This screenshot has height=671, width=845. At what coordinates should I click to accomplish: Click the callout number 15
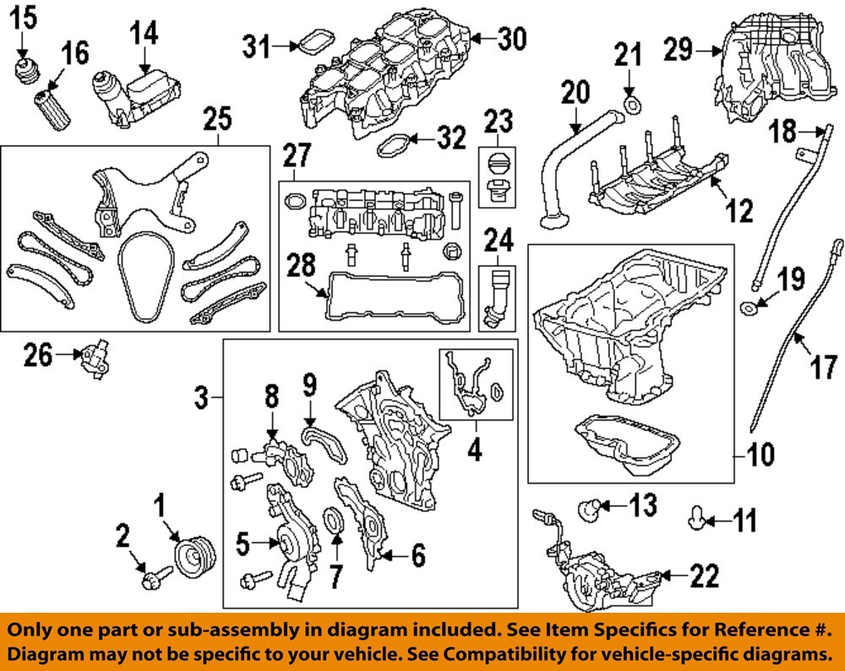(25, 15)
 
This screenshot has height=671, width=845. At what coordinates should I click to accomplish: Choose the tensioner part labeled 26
(94, 360)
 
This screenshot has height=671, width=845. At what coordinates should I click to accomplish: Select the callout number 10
(760, 457)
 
